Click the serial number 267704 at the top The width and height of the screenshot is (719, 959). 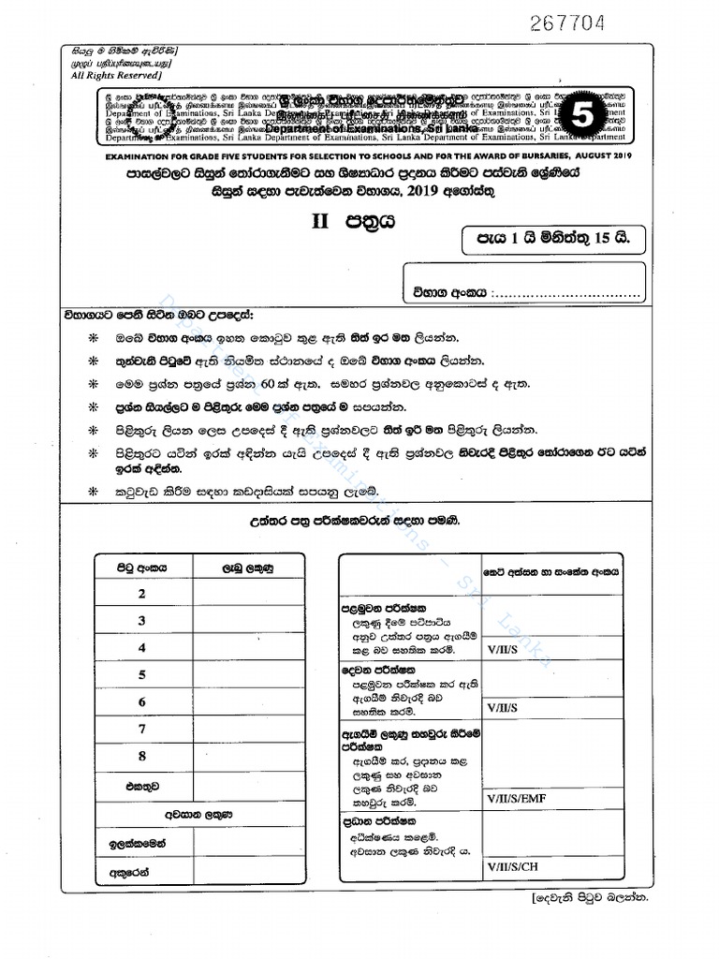(567, 22)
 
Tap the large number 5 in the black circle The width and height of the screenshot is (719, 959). (581, 117)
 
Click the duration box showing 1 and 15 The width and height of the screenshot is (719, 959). (554, 239)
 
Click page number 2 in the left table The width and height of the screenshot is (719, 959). (142, 594)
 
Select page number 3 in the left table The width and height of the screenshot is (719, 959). (142, 621)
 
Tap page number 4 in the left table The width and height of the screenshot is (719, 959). (142, 648)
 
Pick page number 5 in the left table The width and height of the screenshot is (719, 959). (142, 674)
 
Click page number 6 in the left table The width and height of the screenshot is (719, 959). (142, 701)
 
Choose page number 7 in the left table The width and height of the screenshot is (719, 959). (142, 729)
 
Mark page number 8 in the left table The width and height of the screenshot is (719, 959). (142, 756)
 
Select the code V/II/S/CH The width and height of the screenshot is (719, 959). (512, 866)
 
